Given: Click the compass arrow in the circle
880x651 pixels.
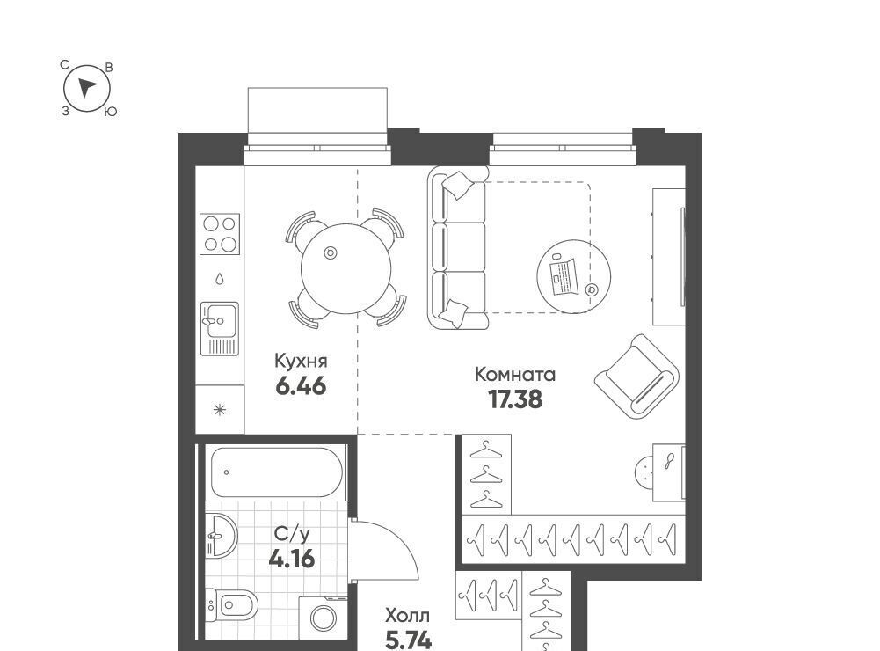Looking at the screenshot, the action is tap(86, 87).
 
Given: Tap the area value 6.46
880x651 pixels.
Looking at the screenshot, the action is tap(301, 386).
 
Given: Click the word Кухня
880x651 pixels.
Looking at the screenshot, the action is tap(301, 361).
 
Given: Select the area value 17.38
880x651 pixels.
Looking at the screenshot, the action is tap(515, 399).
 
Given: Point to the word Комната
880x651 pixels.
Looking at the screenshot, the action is tap(515, 374).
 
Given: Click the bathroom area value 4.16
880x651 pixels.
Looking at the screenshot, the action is tap(292, 559).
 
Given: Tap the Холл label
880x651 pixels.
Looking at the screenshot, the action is tap(408, 616).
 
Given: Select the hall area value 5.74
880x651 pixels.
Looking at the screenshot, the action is tap(409, 640).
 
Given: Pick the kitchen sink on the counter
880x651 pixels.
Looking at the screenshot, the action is tap(220, 329).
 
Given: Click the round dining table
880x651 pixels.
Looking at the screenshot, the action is tap(345, 267).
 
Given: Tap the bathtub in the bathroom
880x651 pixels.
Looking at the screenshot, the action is tap(277, 472).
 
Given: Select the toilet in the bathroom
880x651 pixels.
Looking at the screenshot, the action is tap(231, 604).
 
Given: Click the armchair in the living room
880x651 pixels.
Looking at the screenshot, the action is tap(637, 376).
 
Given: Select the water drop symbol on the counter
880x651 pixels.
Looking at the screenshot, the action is tap(220, 278).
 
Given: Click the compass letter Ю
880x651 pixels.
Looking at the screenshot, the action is tap(111, 112).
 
